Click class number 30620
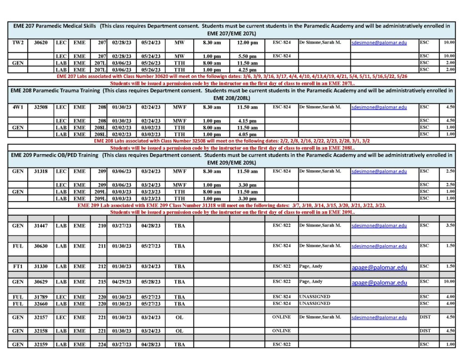coord(41,43)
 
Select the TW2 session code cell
coord(18,43)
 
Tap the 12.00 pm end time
coord(247,43)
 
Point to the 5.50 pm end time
coord(247,56)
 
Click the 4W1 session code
coord(18,107)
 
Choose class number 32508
coord(41,107)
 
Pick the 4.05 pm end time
coord(247,134)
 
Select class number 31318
coord(41,172)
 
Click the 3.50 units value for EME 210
coord(449,225)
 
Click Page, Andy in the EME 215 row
coord(311,282)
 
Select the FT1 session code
coord(18,266)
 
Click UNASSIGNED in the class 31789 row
coord(314,297)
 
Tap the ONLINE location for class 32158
coord(281,331)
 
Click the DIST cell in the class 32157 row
coord(425,317)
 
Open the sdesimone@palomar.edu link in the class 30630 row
coord(379,246)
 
